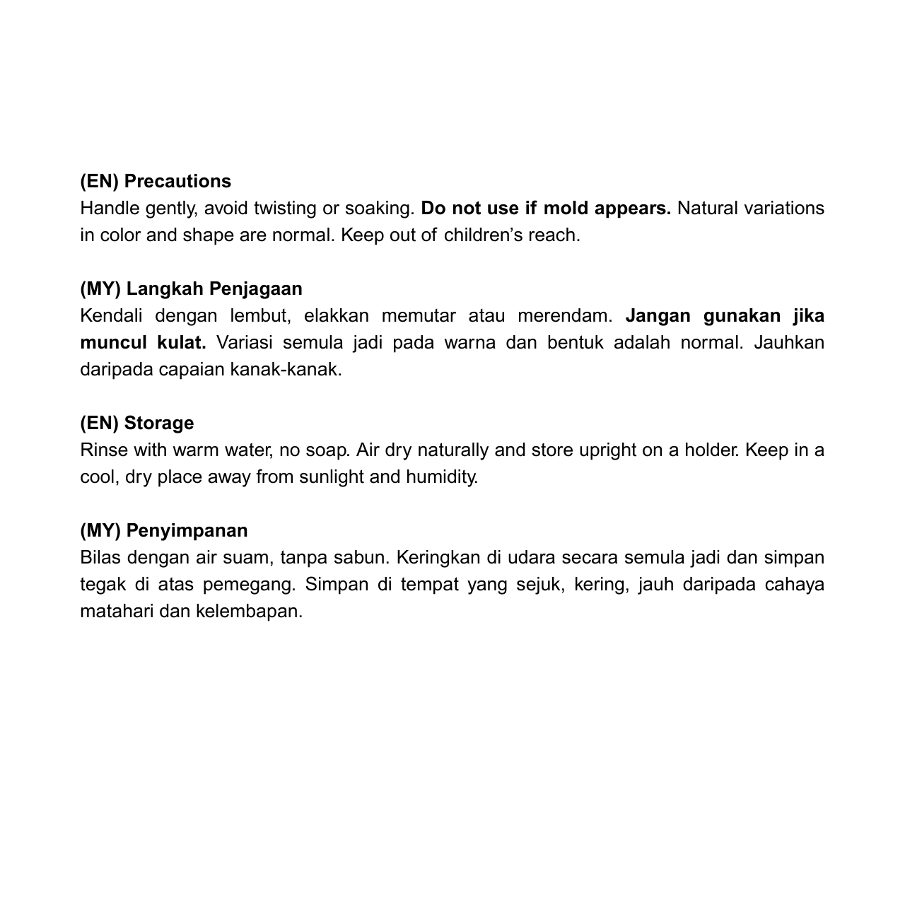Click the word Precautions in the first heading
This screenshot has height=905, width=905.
pos(177,182)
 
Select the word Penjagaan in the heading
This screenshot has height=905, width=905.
pos(255,289)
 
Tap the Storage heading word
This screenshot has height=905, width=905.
pos(158,424)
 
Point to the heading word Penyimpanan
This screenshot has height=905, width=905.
pos(187,531)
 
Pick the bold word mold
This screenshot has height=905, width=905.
pos(566,209)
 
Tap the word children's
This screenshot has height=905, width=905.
pos(483,235)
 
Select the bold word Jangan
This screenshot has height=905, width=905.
pos(658,316)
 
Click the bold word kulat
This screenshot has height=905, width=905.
pos(181,343)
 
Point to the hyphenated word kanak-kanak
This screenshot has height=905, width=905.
pos(286,370)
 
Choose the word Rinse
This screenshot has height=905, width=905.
pos(104,450)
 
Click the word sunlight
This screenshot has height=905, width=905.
pos(332,477)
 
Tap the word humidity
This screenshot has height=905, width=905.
pos(442,477)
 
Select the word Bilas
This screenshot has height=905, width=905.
pos(101,558)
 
